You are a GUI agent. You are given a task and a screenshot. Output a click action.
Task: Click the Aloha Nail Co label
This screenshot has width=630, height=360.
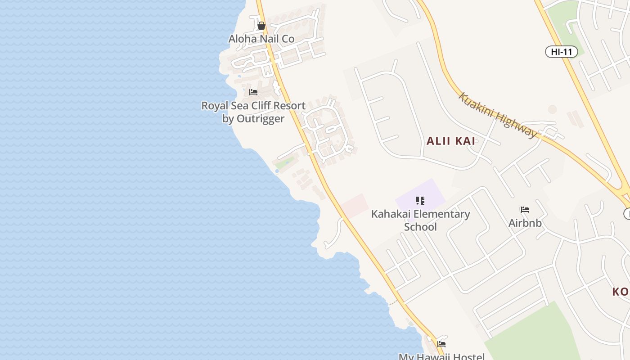click(261, 39)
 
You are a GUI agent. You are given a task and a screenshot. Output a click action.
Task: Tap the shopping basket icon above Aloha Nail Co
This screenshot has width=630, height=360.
click(261, 26)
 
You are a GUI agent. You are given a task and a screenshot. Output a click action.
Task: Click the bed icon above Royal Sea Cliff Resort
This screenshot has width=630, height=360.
click(253, 92)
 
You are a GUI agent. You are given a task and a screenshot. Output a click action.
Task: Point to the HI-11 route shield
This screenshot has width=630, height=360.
click(562, 52)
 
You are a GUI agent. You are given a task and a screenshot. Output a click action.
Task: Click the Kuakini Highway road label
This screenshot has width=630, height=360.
click(498, 115)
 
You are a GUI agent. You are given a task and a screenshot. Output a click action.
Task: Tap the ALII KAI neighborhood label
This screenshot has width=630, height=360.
click(451, 141)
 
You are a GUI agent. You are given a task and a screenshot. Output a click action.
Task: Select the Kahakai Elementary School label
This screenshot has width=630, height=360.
click(420, 220)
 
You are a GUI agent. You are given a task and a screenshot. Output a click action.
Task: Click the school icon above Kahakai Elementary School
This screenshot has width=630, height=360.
click(420, 200)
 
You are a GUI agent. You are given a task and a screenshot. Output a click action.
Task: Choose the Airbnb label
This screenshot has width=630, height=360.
click(525, 223)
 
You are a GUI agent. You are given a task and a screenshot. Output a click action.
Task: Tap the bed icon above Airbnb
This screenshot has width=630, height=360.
click(525, 210)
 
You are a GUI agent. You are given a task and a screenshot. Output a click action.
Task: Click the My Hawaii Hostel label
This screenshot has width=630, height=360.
click(441, 356)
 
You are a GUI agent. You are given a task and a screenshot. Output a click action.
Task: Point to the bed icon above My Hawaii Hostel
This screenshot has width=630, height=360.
click(441, 344)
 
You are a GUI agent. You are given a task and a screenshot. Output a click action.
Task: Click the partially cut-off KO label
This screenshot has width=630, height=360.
click(620, 292)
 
